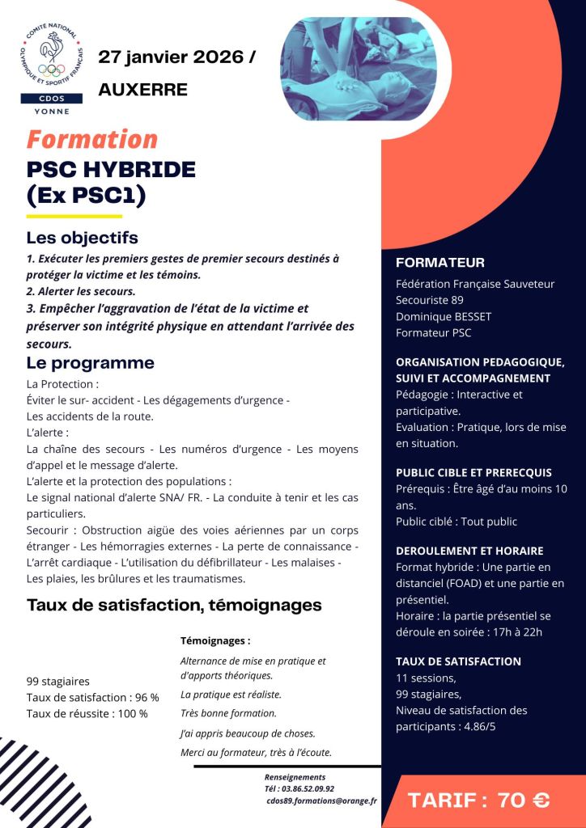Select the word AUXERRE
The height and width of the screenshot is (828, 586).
pyautogui.click(x=142, y=89)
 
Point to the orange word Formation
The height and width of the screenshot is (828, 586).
pyautogui.click(x=91, y=139)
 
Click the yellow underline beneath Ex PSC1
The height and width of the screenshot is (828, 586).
pyautogui.click(x=74, y=217)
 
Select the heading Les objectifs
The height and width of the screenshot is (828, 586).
pyautogui.click(x=82, y=238)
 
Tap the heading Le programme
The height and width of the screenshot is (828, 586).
pyautogui.click(x=90, y=363)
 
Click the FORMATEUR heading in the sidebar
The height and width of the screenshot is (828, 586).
pyautogui.click(x=439, y=263)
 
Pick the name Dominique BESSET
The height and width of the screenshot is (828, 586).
pyautogui.click(x=443, y=316)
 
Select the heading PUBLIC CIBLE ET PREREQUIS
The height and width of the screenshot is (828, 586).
pyautogui.click(x=473, y=472)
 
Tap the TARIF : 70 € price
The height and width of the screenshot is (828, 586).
pyautogui.click(x=479, y=801)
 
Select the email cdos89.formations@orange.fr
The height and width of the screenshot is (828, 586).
pyautogui.click(x=321, y=801)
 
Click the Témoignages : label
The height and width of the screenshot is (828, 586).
pyautogui.click(x=214, y=640)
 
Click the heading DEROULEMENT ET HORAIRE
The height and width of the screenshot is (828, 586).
pyautogui.click(x=469, y=551)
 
